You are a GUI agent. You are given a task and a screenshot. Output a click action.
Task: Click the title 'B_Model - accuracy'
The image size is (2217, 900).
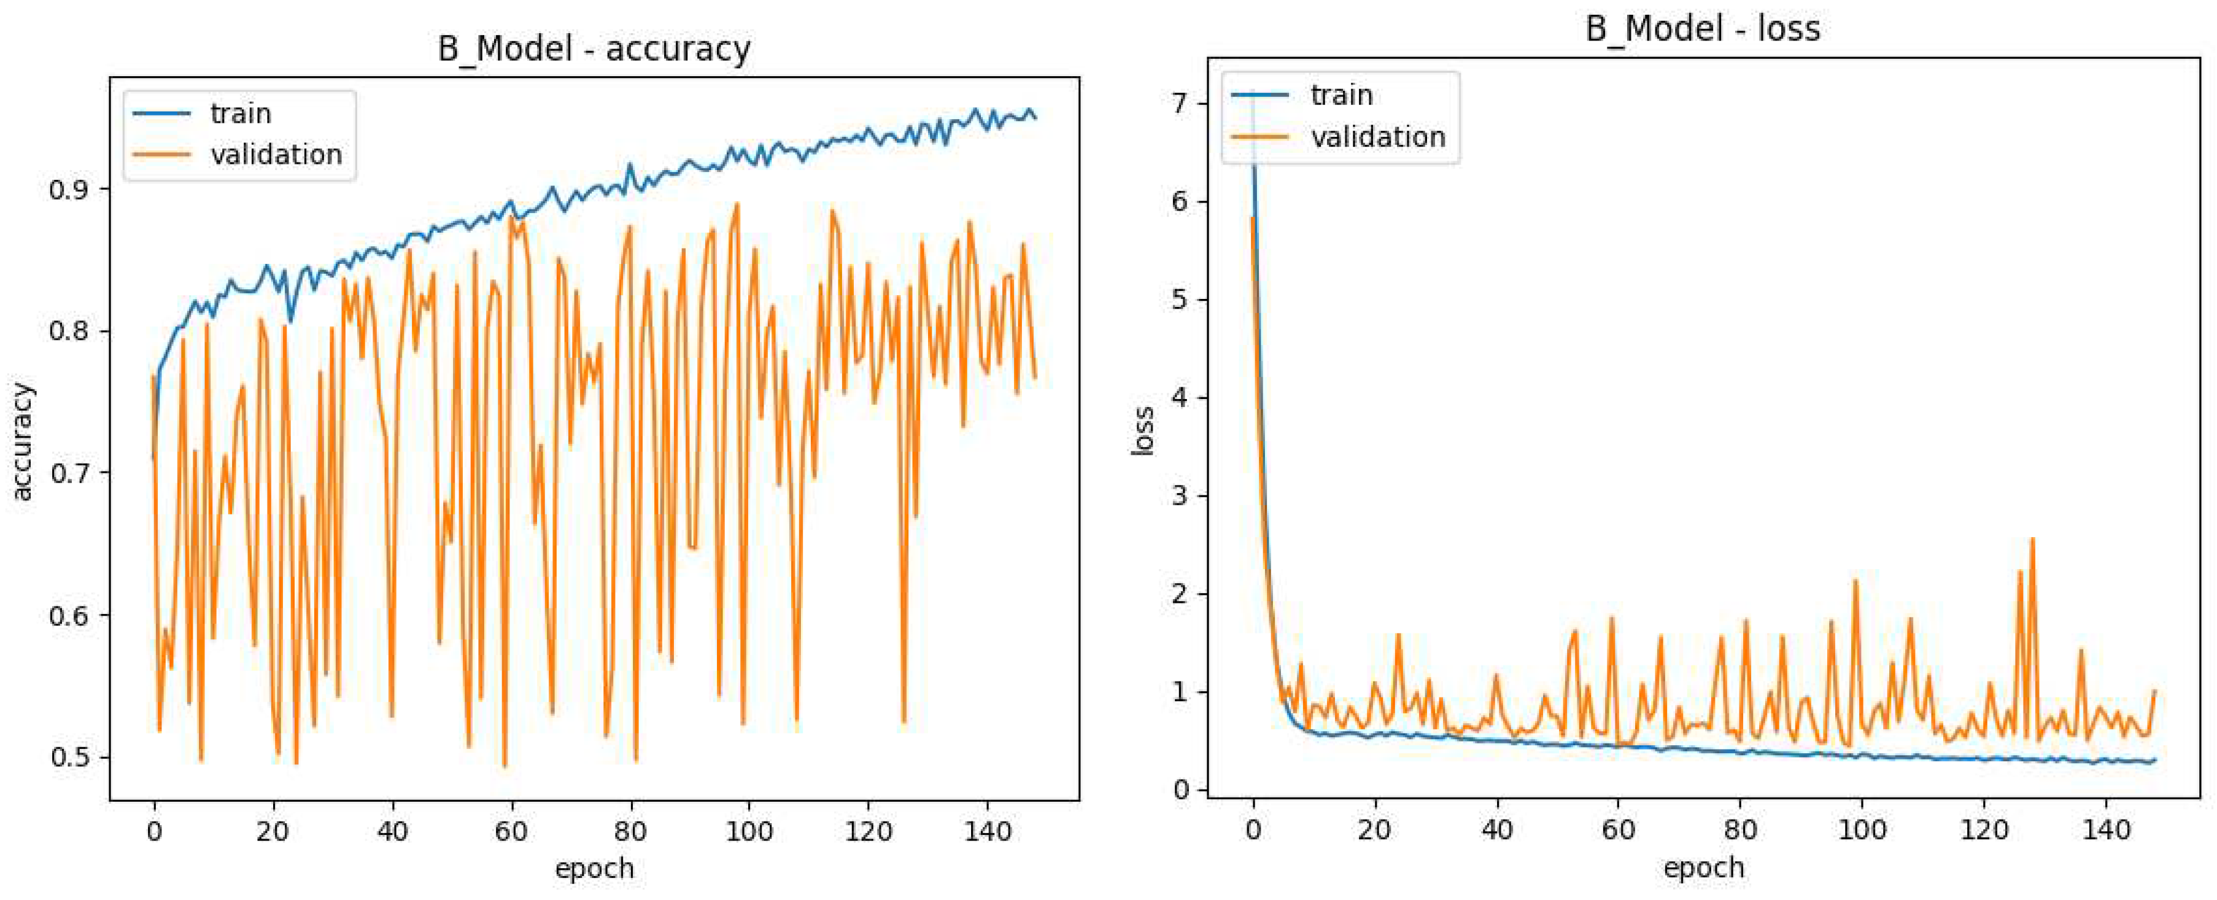594,49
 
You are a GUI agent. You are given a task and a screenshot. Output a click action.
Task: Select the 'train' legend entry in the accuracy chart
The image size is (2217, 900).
240,114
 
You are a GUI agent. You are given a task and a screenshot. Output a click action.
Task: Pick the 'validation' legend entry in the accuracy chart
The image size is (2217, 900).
276,155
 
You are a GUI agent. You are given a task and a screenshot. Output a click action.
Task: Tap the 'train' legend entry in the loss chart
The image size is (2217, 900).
1341,95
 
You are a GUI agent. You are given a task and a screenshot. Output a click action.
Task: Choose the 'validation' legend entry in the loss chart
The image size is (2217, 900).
1377,137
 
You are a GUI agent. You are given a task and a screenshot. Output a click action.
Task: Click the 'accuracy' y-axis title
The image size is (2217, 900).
23,441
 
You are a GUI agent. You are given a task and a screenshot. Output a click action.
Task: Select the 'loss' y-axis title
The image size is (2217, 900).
1143,430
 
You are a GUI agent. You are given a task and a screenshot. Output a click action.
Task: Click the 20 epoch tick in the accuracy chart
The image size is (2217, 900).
274,833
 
